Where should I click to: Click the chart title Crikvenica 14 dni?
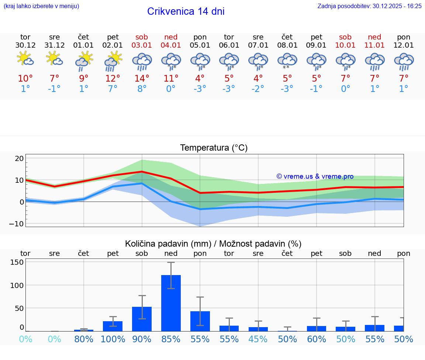(186, 11)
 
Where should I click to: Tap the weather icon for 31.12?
(54, 59)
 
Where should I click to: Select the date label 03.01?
(142, 45)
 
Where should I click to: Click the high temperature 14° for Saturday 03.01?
(142, 78)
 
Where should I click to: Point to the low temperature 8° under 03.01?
(142, 89)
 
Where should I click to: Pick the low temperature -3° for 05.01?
(200, 89)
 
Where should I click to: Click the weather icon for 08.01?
(287, 61)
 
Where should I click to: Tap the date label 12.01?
(404, 45)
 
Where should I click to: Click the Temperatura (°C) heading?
(214, 148)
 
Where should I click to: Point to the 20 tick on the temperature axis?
(19, 158)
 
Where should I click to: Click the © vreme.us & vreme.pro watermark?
(315, 176)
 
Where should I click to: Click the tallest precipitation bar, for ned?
(171, 303)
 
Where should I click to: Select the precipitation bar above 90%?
(142, 319)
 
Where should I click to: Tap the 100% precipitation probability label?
(113, 339)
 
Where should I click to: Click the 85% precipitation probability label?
(171, 339)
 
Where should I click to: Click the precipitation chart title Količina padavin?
(168, 244)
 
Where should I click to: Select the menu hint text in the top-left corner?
(41, 6)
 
